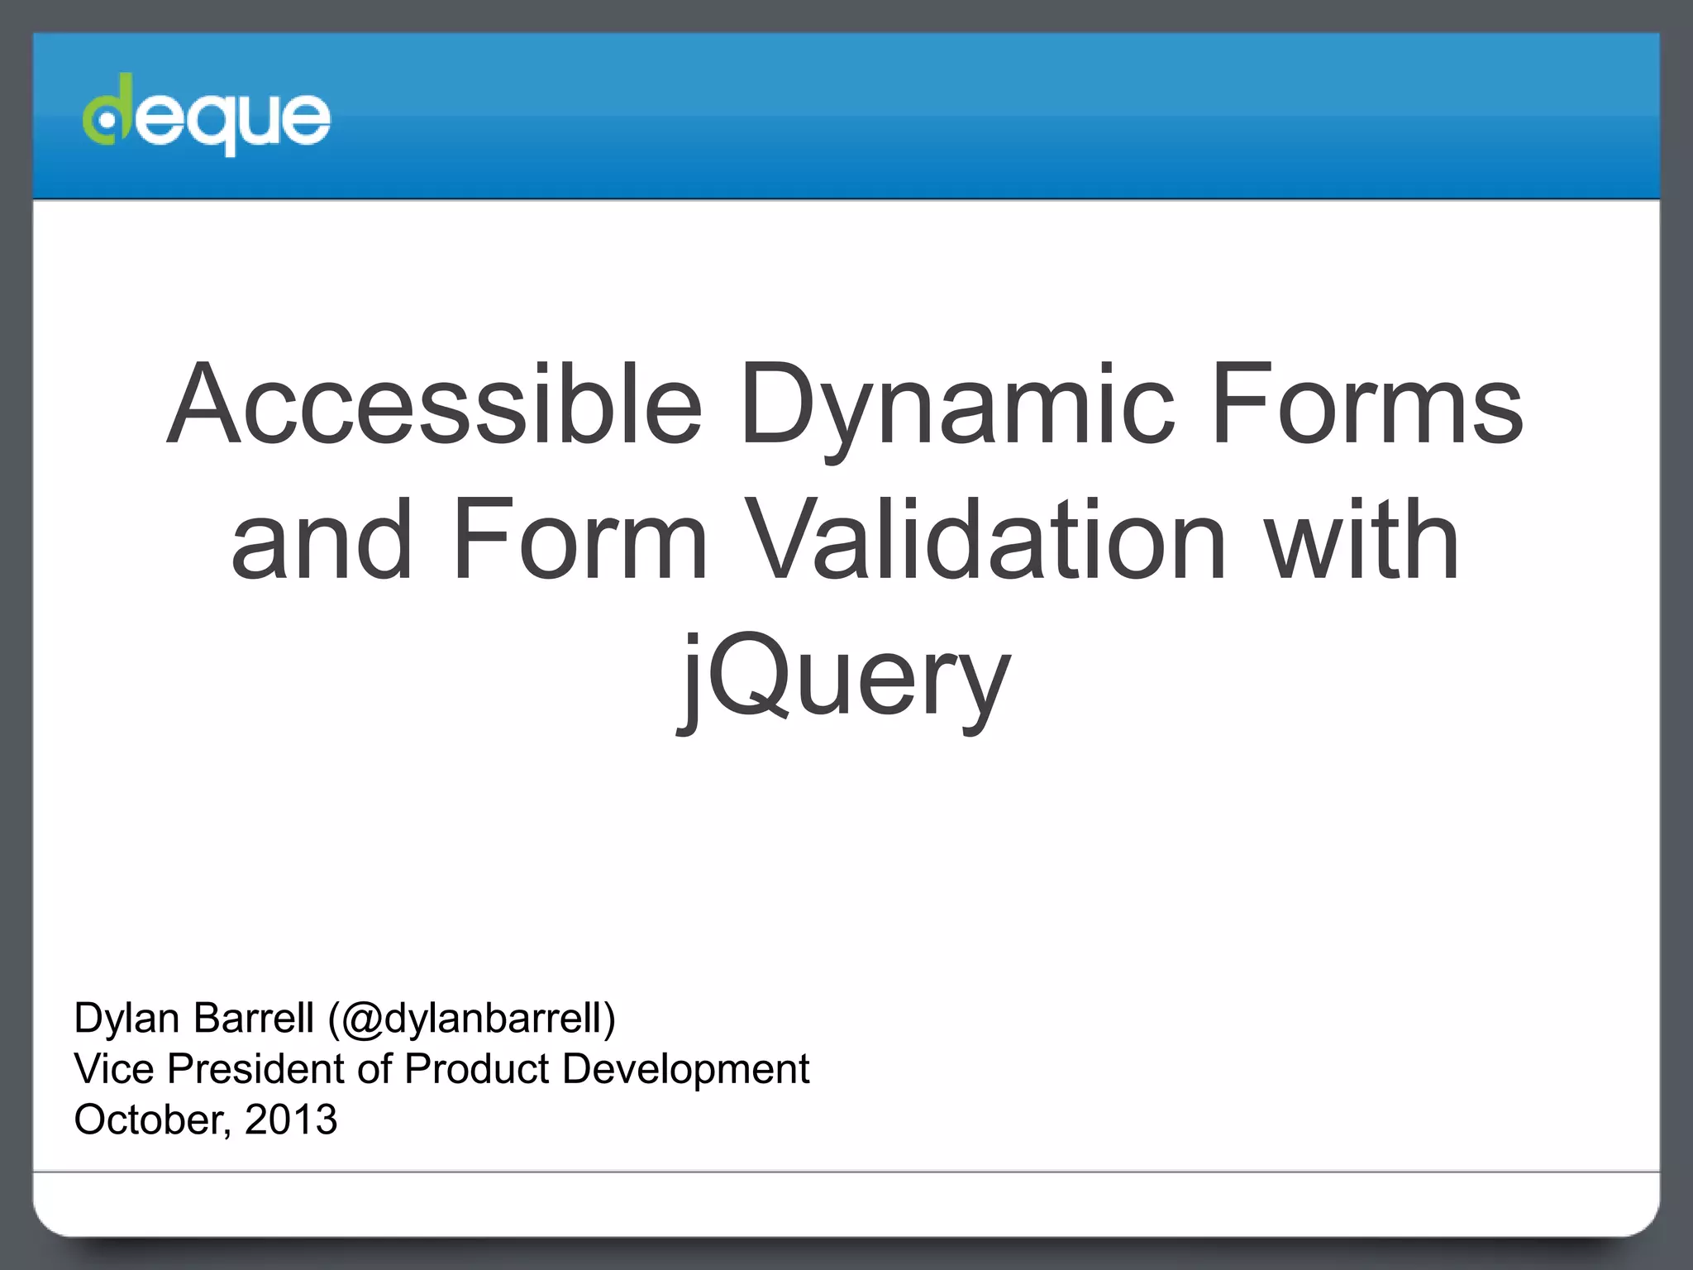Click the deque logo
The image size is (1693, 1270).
pos(207,116)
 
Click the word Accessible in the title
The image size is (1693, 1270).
pos(434,405)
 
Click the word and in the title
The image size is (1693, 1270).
pos(322,541)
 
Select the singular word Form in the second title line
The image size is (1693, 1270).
pos(579,541)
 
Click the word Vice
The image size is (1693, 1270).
pos(113,1068)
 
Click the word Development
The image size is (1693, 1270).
pos(685,1069)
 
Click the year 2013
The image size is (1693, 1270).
pos(291,1120)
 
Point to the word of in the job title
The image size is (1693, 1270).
pos(374,1068)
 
